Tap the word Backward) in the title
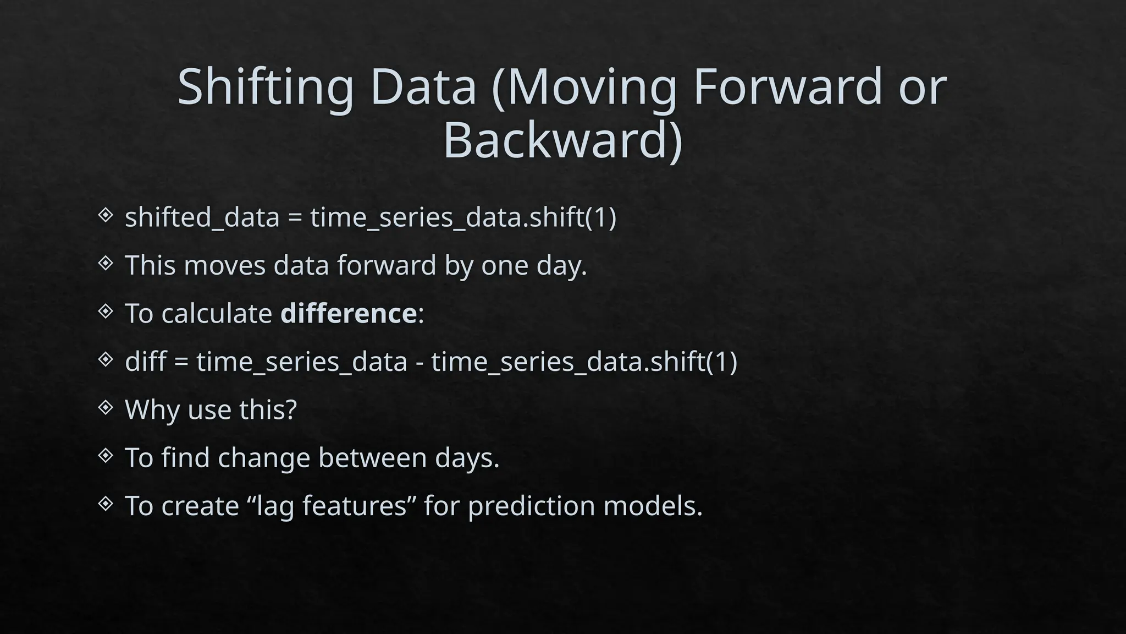point(562,140)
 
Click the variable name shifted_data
point(202,217)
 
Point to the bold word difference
point(349,314)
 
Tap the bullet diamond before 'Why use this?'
point(105,408)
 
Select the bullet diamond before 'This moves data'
point(105,264)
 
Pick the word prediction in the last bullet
point(531,506)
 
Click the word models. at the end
point(653,506)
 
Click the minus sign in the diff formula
point(420,363)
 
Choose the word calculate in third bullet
point(217,314)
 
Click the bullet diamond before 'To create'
point(105,504)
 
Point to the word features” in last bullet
point(360,506)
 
